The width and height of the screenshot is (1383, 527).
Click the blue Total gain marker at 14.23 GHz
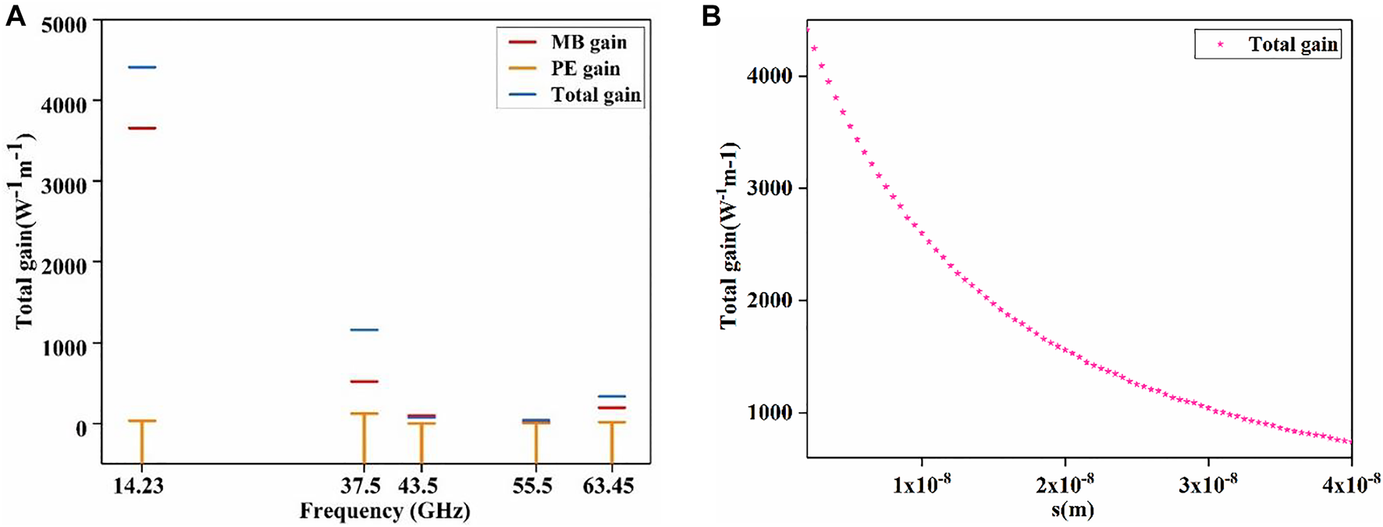click(142, 68)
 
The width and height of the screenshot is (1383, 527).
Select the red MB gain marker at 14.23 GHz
click(142, 128)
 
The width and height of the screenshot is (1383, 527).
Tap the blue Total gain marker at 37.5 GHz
click(364, 330)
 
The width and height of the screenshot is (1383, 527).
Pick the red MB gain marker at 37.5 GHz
click(364, 382)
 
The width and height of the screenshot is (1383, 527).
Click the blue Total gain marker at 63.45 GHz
click(611, 397)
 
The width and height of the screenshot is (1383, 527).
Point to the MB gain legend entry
click(588, 42)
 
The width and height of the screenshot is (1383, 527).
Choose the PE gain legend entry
click(585, 69)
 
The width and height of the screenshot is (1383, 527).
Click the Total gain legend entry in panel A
click(596, 95)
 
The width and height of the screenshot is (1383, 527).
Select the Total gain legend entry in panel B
click(1293, 45)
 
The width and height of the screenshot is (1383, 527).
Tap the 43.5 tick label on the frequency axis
click(418, 486)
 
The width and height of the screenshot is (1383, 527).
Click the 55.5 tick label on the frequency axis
click(533, 486)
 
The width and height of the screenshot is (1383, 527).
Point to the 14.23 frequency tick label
click(139, 486)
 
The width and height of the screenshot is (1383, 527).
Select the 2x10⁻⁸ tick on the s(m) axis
click(1065, 484)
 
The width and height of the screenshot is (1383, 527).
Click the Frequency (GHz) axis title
click(385, 511)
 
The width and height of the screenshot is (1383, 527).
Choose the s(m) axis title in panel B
click(1072, 511)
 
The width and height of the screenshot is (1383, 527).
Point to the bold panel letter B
click(711, 16)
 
